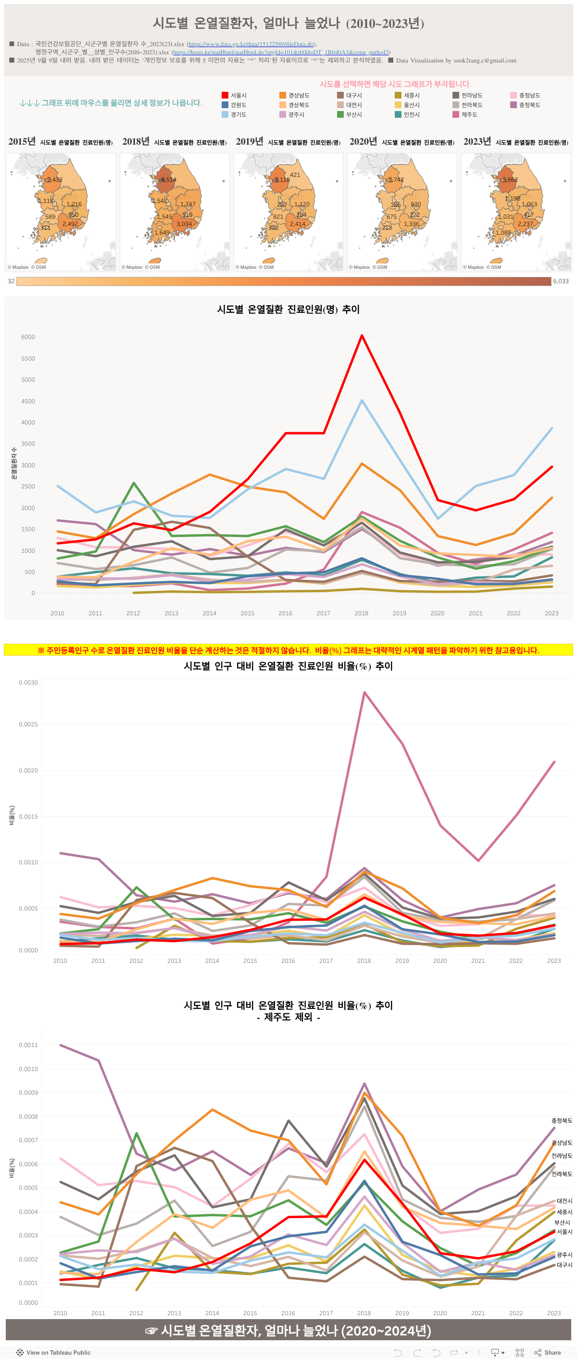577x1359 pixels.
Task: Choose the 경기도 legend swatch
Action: [225, 114]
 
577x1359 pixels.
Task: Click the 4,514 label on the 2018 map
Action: [168, 180]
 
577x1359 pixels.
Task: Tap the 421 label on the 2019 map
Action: [295, 175]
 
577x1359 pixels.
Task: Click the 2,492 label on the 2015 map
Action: [70, 224]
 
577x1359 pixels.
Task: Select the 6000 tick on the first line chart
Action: [28, 337]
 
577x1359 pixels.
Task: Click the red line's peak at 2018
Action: [362, 336]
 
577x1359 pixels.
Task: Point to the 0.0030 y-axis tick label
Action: [28, 683]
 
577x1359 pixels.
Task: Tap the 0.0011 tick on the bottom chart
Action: [28, 1045]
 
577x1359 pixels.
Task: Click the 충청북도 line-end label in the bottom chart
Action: [561, 1121]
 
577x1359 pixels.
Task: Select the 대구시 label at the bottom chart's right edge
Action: [564, 1265]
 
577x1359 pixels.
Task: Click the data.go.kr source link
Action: [252, 44]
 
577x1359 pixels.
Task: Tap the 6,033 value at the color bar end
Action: [561, 281]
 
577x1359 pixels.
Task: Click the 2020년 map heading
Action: [363, 141]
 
